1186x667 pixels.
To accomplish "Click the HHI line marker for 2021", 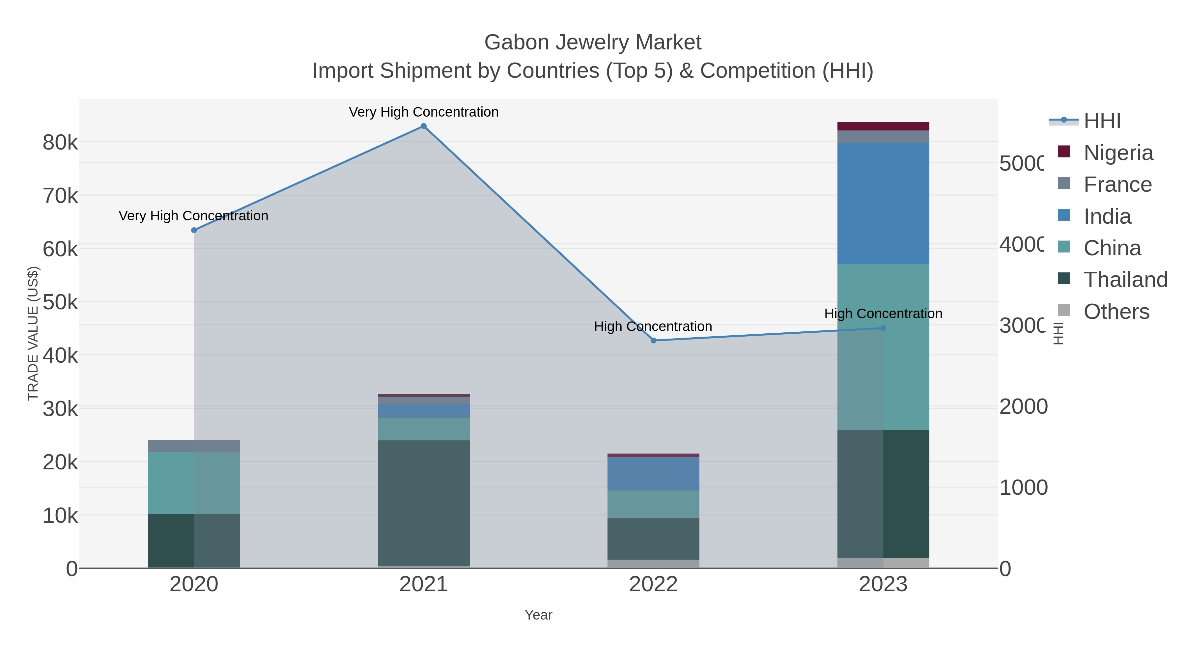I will click(424, 126).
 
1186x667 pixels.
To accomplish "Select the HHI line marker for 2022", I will click(653, 341).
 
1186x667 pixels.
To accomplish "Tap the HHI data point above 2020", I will click(194, 230).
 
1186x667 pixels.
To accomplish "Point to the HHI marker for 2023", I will click(883, 328).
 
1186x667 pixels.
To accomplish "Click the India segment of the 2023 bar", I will click(883, 204).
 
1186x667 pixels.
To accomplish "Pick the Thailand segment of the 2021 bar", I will click(424, 503).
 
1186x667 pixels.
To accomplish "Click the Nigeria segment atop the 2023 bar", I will click(883, 126).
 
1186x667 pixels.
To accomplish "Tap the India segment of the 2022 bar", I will click(653, 474).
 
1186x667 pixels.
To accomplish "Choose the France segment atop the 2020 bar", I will click(194, 446).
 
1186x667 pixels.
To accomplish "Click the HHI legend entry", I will click(1101, 121).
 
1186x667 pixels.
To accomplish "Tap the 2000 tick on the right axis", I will click(1023, 406).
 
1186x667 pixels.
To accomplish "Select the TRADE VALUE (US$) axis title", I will click(33, 333).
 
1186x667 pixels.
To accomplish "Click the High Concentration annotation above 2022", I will click(653, 326).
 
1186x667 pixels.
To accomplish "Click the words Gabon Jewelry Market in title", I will click(593, 42).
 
